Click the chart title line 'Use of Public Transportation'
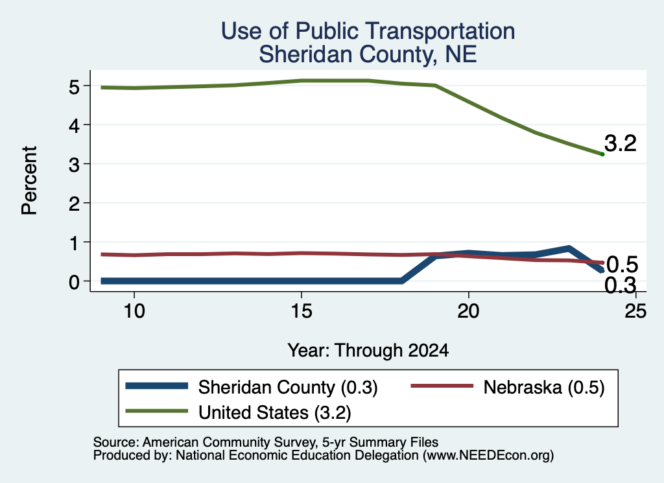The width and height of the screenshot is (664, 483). [x=368, y=31]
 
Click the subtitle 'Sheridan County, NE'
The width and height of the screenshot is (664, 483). [x=368, y=54]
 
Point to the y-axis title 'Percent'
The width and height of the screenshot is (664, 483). [x=29, y=181]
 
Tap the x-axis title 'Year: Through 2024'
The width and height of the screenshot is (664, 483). [x=368, y=351]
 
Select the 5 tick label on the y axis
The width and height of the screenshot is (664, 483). [x=74, y=87]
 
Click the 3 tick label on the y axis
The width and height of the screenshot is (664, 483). [x=74, y=165]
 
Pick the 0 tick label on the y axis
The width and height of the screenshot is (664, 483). [x=74, y=281]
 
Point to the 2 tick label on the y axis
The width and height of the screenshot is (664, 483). [x=74, y=204]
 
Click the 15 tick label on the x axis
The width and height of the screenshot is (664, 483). [x=302, y=312]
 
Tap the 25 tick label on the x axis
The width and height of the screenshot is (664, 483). [x=635, y=312]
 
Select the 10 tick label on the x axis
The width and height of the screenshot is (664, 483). [x=134, y=312]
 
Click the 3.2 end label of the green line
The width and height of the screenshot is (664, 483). [x=621, y=143]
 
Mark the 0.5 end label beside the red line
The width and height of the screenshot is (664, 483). [x=622, y=265]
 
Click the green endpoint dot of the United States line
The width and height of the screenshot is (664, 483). [x=602, y=154]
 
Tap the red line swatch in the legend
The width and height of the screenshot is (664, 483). [x=442, y=386]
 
